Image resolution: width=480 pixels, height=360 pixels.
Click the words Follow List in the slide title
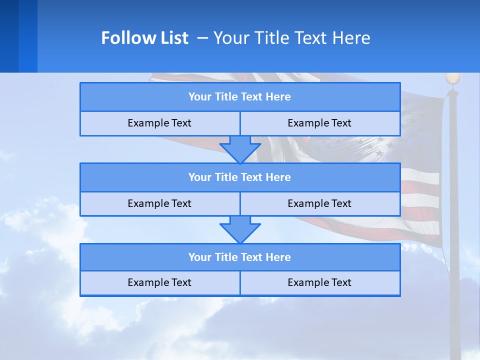144,38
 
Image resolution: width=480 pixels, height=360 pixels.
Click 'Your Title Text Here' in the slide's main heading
291,38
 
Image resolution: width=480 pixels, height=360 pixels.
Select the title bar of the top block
240,97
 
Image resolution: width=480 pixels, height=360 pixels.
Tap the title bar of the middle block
240,177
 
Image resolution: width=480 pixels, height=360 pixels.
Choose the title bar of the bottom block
240,257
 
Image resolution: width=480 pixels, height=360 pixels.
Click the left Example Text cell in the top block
159,123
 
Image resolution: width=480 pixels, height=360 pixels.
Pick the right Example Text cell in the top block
319,123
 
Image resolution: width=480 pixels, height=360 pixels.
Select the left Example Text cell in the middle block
159,204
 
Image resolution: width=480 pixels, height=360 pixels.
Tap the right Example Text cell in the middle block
319,204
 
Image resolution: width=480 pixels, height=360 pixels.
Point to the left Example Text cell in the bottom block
159,283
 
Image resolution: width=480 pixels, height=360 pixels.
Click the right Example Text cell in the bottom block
319,283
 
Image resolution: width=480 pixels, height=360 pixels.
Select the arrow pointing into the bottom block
240,229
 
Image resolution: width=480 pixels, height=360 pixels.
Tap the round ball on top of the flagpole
453,78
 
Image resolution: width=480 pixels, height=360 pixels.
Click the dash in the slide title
202,38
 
